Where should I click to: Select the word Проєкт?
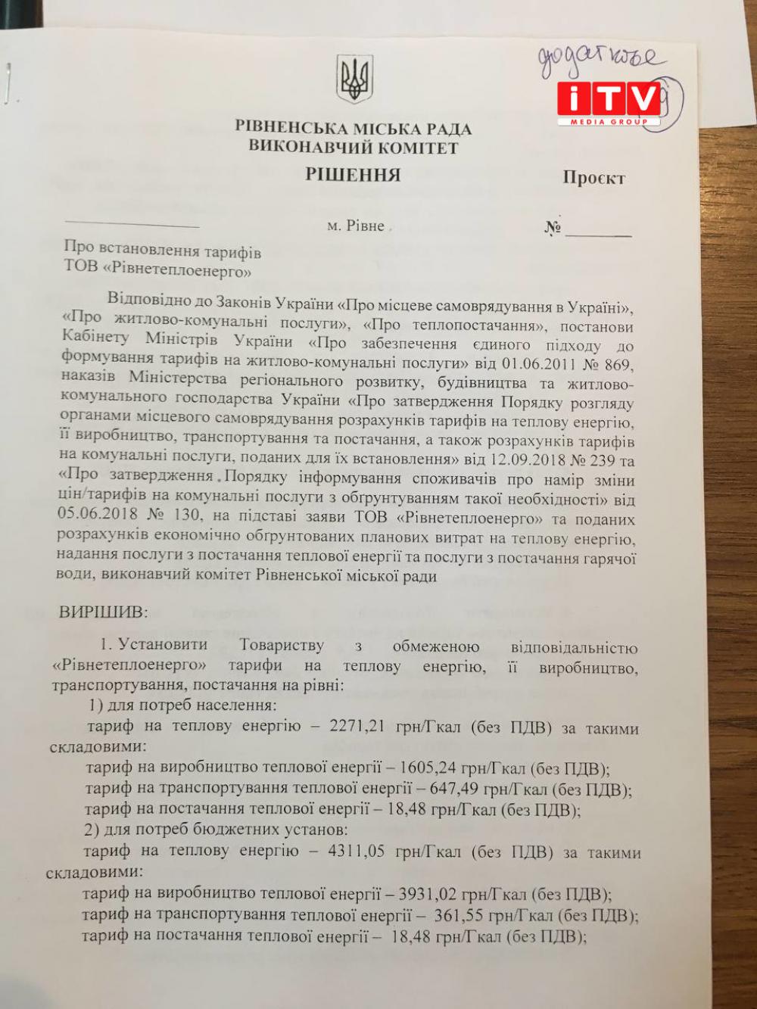click(593, 179)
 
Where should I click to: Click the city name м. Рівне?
click(356, 226)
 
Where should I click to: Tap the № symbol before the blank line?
click(552, 228)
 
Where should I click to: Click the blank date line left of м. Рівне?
click(132, 226)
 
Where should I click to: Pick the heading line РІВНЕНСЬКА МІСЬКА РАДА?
click(354, 129)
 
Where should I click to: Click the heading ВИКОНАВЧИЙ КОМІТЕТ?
click(354, 147)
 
